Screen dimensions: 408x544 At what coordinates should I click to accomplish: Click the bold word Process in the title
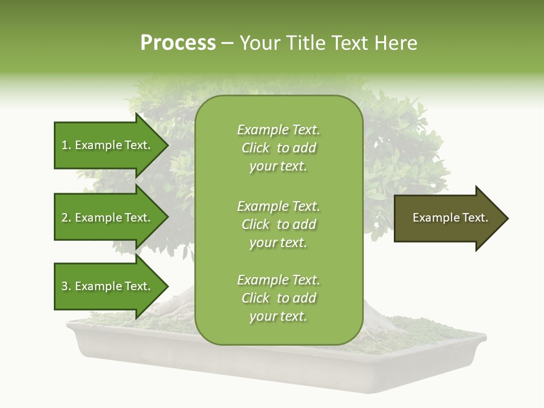pyautogui.click(x=178, y=43)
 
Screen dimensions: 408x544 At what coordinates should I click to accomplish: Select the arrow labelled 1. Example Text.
pyautogui.click(x=105, y=145)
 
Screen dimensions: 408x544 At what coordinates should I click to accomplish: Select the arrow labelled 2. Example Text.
pyautogui.click(x=105, y=218)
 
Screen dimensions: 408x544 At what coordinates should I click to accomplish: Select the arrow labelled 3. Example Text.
pyautogui.click(x=105, y=286)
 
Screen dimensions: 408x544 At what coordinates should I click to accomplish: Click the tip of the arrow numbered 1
pyautogui.click(x=167, y=145)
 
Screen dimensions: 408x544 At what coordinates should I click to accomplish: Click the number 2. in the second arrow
pyautogui.click(x=66, y=218)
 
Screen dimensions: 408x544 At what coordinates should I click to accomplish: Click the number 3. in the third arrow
pyautogui.click(x=66, y=286)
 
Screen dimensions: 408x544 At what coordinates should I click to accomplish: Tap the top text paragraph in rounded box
pyautogui.click(x=278, y=148)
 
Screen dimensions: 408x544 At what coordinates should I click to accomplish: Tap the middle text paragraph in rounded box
pyautogui.click(x=278, y=224)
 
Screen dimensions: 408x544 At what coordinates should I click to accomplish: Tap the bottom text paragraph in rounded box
pyautogui.click(x=278, y=298)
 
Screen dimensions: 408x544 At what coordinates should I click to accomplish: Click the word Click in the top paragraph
pyautogui.click(x=256, y=148)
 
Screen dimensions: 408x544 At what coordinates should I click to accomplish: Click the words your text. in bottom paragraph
pyautogui.click(x=278, y=316)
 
